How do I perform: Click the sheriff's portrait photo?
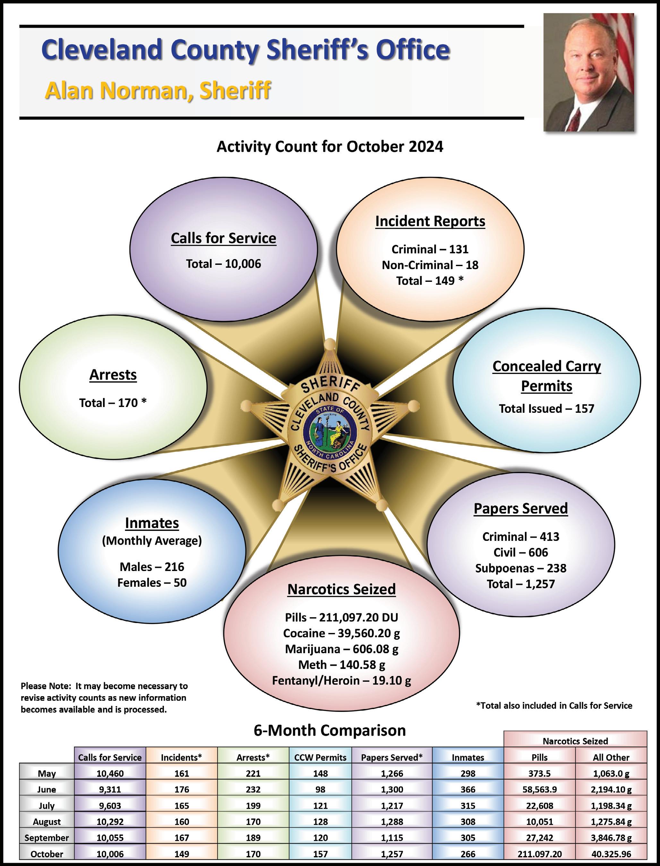588,73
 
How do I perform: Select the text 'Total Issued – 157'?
546,409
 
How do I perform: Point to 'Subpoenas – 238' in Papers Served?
520,568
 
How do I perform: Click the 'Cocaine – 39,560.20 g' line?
341,633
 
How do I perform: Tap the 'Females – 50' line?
152,582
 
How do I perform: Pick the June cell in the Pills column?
539,789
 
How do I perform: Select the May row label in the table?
47,773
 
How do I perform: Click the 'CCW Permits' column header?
320,757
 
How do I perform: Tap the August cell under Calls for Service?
110,822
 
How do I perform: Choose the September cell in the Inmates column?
467,838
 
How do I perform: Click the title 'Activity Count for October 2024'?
330,147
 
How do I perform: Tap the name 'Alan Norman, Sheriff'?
158,91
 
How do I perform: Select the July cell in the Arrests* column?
253,805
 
